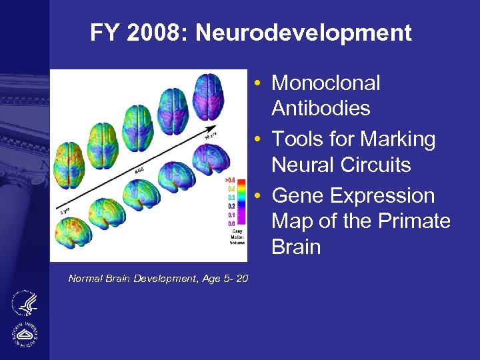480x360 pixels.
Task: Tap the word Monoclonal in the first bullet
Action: (x=326, y=83)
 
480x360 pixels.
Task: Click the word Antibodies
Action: (x=321, y=108)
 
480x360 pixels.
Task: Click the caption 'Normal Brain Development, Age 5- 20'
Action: (x=158, y=279)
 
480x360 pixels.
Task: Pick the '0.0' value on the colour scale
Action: (x=230, y=223)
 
